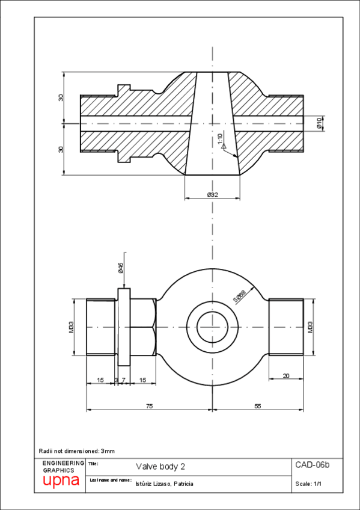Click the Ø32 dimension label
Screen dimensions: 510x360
(212, 195)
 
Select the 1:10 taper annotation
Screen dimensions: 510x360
(221, 138)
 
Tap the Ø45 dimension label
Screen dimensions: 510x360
(120, 268)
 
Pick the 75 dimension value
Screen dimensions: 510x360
(149, 407)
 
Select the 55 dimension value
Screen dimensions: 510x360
(257, 407)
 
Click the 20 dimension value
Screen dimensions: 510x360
(285, 376)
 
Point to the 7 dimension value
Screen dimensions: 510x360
(123, 379)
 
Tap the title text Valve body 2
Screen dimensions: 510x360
(160, 467)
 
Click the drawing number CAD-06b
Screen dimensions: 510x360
(313, 465)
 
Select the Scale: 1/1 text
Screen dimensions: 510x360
(310, 484)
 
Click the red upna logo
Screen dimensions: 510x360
(61, 482)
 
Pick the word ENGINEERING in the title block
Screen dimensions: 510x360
(64, 462)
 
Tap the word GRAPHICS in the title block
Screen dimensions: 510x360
(59, 470)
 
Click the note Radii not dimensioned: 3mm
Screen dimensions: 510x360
(76, 450)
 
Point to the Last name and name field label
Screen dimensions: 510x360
(110, 480)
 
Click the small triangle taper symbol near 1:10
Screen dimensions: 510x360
(223, 146)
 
